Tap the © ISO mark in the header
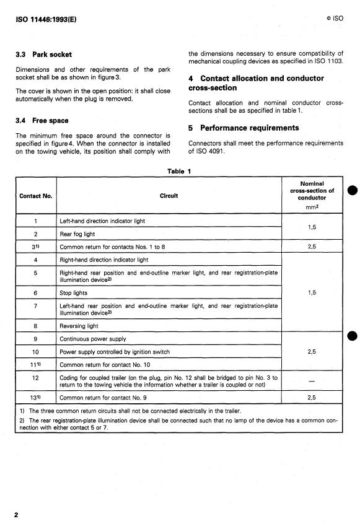point(333,19)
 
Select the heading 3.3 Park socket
point(42,55)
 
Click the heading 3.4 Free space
point(42,121)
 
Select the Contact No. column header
point(35,196)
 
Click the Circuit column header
point(169,196)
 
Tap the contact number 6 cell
point(35,293)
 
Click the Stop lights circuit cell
point(74,293)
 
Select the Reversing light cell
point(79,326)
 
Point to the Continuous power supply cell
point(92,339)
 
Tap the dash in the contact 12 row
point(311,380)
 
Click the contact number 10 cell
point(35,352)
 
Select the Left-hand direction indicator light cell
point(102,221)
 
